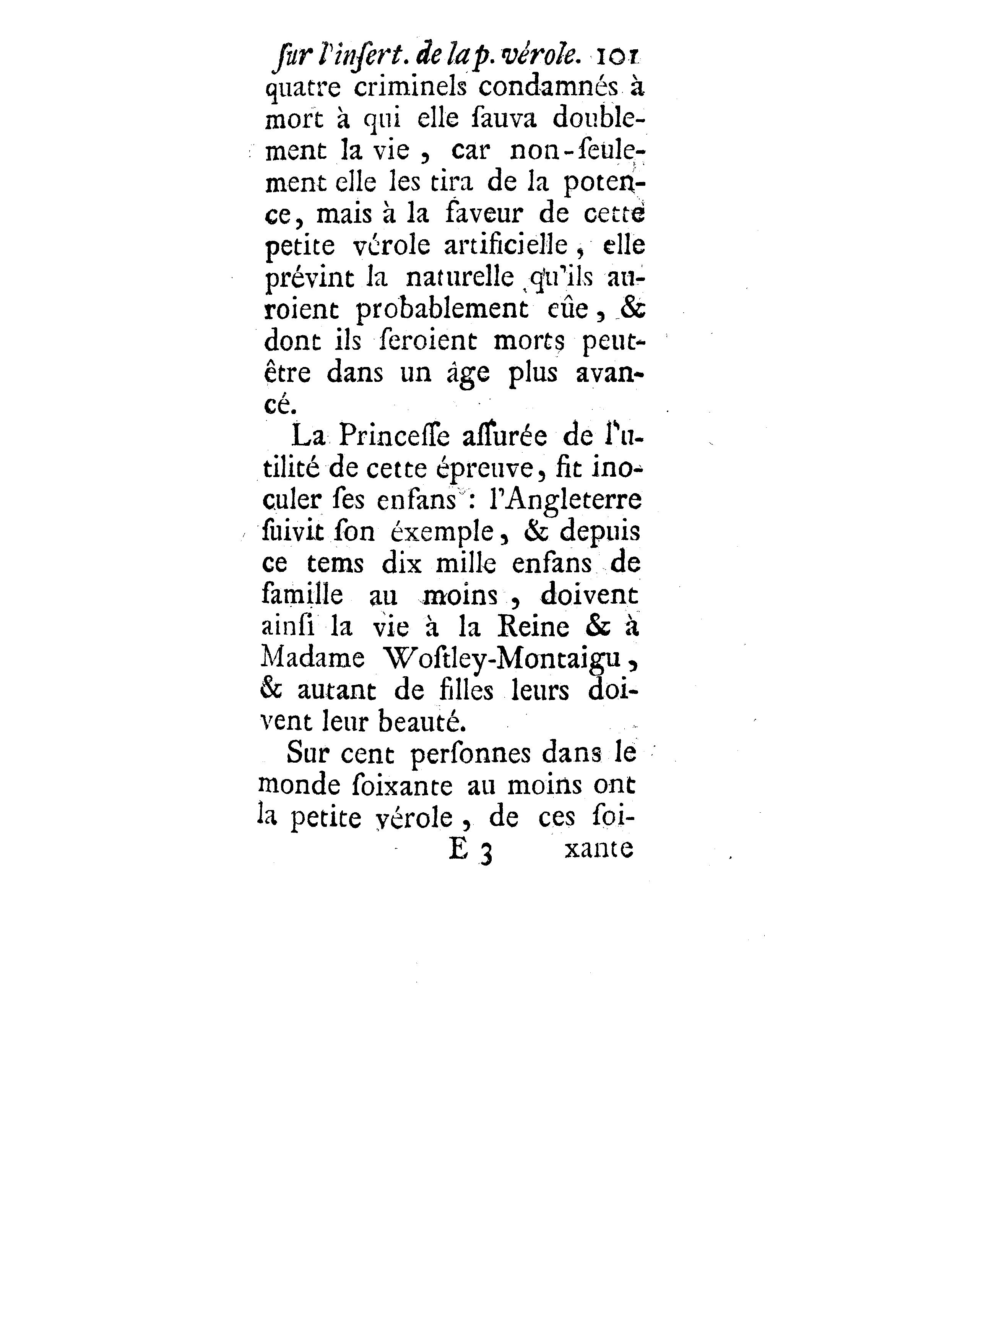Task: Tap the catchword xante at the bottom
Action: [598, 849]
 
